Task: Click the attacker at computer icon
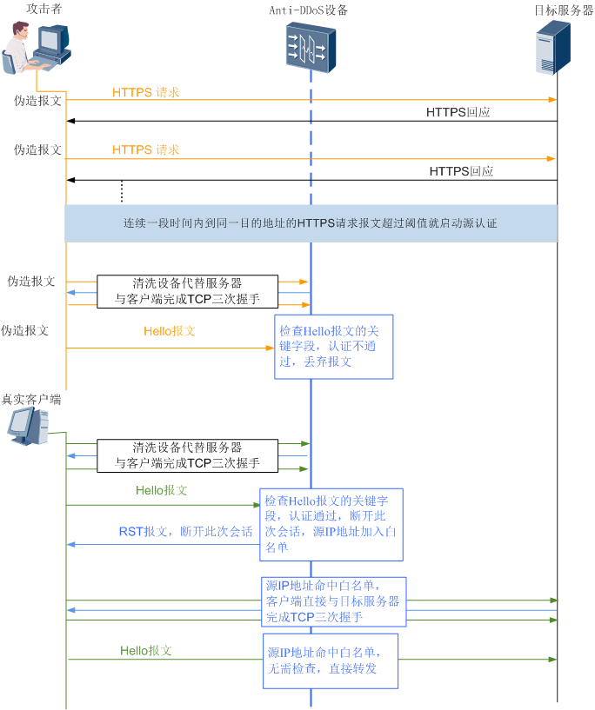37,49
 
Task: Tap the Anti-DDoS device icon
311,48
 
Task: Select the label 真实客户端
31,400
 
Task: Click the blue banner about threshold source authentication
311,223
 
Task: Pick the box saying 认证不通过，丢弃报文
334,347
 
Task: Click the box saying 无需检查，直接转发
331,660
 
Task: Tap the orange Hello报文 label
170,331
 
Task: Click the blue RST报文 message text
185,532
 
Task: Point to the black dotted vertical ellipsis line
122,192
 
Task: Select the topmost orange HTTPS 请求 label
145,92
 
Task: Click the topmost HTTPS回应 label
458,113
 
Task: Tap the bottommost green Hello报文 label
146,651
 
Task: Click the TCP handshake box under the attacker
187,292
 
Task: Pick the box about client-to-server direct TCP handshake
333,601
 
